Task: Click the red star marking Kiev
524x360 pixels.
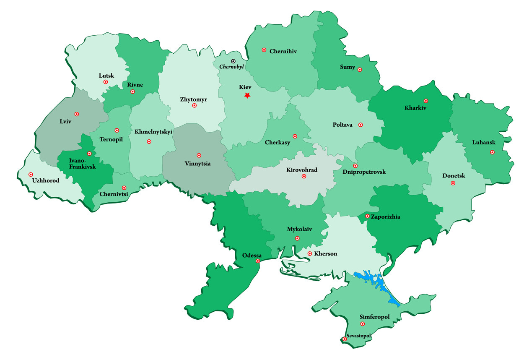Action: click(x=247, y=96)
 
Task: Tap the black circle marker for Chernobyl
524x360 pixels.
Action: click(x=233, y=61)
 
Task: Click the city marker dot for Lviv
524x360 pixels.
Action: click(x=77, y=114)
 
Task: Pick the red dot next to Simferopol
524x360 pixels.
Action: click(x=363, y=324)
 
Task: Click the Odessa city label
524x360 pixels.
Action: click(x=252, y=256)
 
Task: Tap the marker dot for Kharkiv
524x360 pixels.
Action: click(x=426, y=101)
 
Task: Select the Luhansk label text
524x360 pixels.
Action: click(x=483, y=142)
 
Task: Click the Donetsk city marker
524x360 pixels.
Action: click(x=453, y=183)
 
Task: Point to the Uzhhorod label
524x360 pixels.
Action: click(x=46, y=181)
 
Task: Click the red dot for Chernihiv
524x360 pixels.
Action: click(x=264, y=50)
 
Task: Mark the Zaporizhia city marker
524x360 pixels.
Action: click(x=367, y=216)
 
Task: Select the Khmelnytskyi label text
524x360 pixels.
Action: click(x=153, y=132)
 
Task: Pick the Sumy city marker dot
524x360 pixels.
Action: click(x=360, y=70)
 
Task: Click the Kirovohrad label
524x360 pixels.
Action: click(x=302, y=170)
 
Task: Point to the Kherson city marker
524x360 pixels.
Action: click(x=310, y=253)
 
